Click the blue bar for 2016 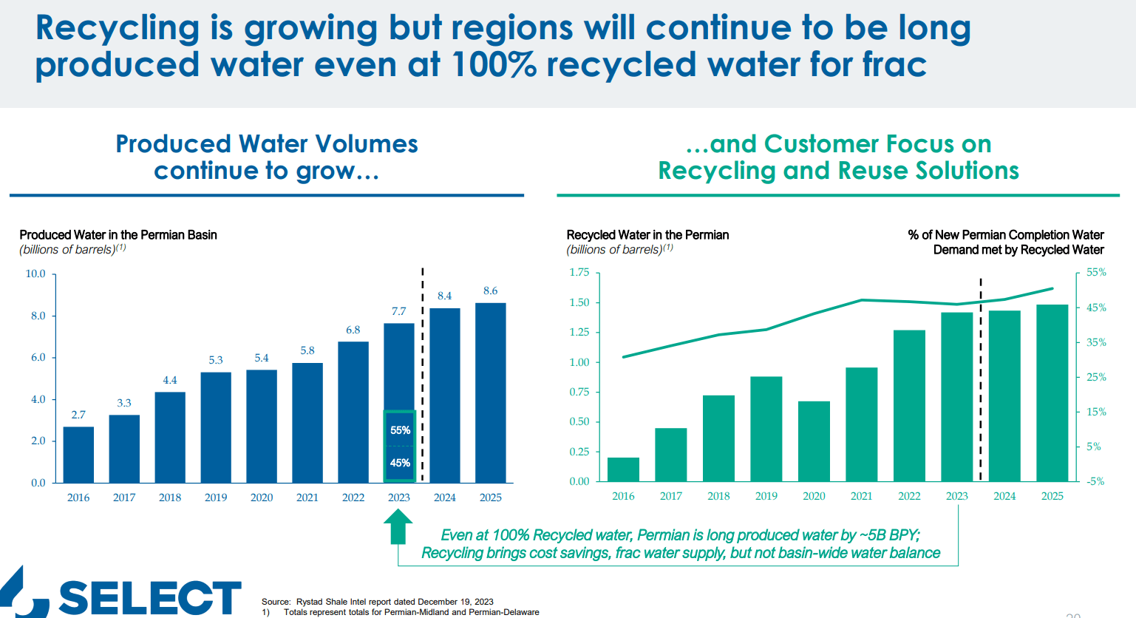click(x=78, y=455)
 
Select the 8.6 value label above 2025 click(x=490, y=291)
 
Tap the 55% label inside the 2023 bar click(x=400, y=430)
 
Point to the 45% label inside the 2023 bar click(x=400, y=463)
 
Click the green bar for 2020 click(x=814, y=441)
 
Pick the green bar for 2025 click(x=1052, y=393)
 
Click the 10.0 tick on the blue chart click(x=35, y=274)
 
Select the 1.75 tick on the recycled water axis click(x=579, y=273)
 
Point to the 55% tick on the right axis click(x=1096, y=273)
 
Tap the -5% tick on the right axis click(x=1096, y=481)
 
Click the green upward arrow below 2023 click(x=398, y=528)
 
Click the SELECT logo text click(x=150, y=597)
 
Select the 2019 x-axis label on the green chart click(x=766, y=496)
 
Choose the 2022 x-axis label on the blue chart click(x=353, y=498)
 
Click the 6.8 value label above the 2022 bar click(x=353, y=330)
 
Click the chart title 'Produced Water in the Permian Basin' click(x=118, y=235)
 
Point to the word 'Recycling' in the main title click(x=118, y=28)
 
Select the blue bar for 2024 click(x=444, y=395)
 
